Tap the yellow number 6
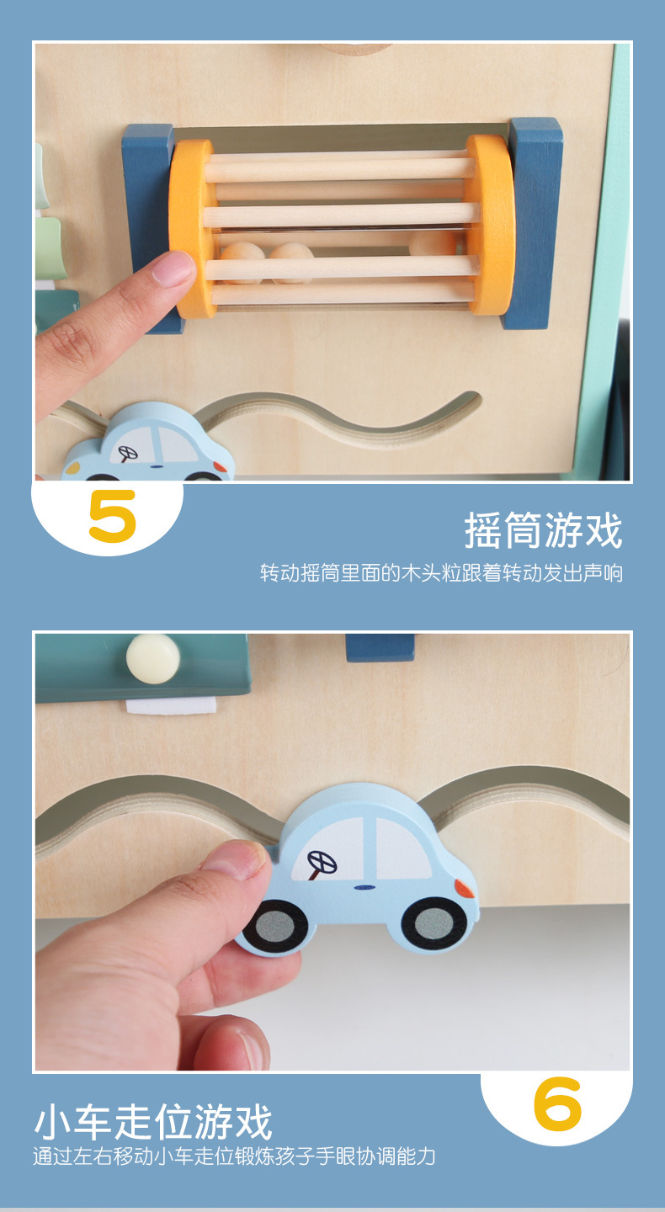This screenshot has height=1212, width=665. click(x=557, y=1103)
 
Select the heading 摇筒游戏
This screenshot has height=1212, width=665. click(x=543, y=531)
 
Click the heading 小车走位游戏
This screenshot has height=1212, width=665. click(x=153, y=1123)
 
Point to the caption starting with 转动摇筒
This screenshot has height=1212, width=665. click(x=441, y=574)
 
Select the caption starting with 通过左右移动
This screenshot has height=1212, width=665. click(x=234, y=1156)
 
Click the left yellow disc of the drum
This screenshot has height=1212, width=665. click(x=191, y=228)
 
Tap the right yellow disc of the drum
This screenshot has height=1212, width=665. click(x=492, y=225)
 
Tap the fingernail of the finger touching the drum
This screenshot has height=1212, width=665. click(x=174, y=268)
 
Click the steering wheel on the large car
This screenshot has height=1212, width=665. click(x=322, y=863)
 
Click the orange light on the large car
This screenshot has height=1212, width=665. click(x=464, y=887)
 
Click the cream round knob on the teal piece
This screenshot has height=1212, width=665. click(x=153, y=657)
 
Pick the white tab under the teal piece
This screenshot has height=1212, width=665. click(x=168, y=705)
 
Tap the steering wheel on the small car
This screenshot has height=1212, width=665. click(x=129, y=453)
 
